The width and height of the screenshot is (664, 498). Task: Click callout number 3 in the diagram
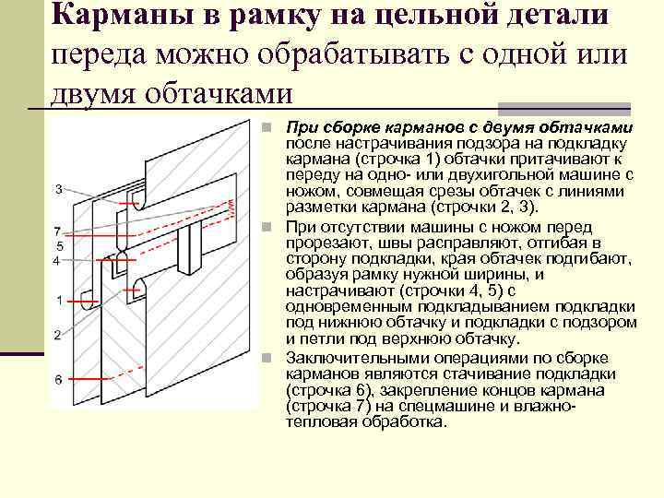coord(58,189)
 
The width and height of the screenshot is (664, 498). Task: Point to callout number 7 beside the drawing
coord(57,231)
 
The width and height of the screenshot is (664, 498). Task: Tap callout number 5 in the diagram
coord(58,246)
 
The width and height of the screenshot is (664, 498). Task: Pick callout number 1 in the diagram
coord(59,300)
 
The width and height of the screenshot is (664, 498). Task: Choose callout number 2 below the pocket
coord(57,334)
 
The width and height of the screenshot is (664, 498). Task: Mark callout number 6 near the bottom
coord(57,379)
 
